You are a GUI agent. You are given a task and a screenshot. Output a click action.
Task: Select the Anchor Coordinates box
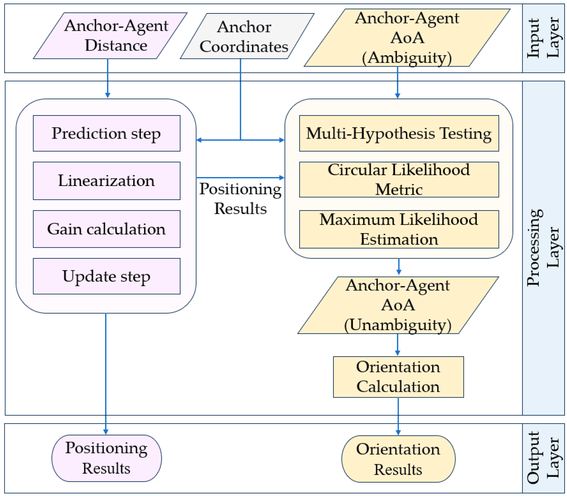(x=247, y=36)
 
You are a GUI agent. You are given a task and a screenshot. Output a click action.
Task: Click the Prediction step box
(x=106, y=133)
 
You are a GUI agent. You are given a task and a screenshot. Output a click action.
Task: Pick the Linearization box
(x=106, y=181)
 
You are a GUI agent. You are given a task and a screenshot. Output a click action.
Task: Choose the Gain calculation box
(x=106, y=229)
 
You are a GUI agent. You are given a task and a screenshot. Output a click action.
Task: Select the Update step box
(x=106, y=276)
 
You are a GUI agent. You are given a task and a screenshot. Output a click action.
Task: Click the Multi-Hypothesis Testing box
(x=399, y=133)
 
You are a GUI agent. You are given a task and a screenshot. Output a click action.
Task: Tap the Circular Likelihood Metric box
(x=399, y=180)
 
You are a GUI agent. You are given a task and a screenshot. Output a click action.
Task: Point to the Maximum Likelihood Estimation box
(x=399, y=229)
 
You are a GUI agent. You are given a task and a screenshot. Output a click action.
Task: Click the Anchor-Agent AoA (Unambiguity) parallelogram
(x=398, y=305)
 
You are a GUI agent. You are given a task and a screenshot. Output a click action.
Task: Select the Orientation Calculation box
(x=398, y=377)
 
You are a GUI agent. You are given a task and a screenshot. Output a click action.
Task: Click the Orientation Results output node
(x=398, y=459)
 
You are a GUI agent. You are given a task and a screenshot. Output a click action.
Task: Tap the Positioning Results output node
(x=106, y=458)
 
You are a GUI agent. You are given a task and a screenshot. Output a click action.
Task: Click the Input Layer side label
(x=543, y=38)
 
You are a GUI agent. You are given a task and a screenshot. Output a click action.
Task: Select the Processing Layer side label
(x=543, y=248)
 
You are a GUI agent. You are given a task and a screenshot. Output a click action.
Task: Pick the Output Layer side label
(x=543, y=458)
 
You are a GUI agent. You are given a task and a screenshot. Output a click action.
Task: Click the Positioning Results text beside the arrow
(x=240, y=198)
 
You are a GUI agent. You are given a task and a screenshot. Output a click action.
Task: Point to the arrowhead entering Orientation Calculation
(x=397, y=353)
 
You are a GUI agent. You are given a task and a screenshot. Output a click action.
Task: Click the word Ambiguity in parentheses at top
(x=407, y=58)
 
